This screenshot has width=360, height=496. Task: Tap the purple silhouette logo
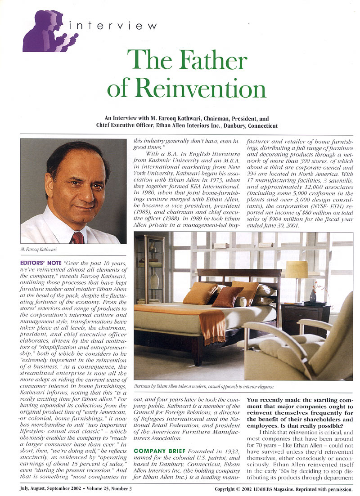(49, 31)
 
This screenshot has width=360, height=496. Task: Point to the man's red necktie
(77, 237)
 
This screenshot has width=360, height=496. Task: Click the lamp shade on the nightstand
(297, 269)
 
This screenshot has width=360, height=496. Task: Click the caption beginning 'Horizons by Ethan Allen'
(204, 386)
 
